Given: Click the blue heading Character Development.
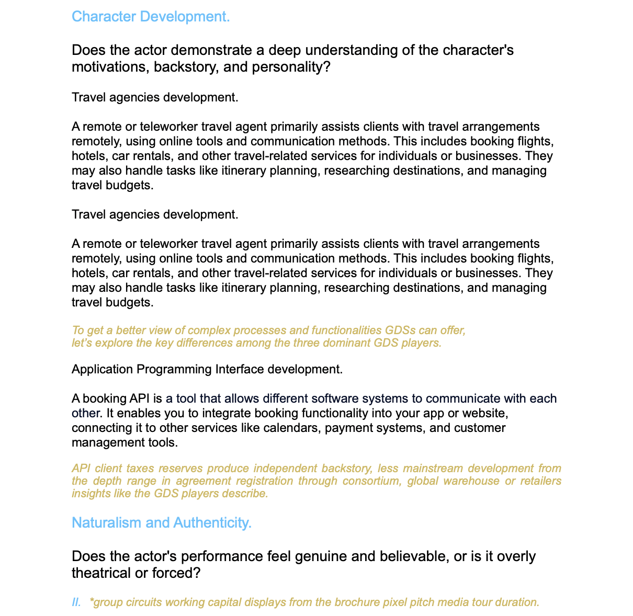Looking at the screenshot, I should (x=151, y=17).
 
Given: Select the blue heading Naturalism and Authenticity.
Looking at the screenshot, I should (x=161, y=522).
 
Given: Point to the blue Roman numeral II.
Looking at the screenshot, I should (x=76, y=602).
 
